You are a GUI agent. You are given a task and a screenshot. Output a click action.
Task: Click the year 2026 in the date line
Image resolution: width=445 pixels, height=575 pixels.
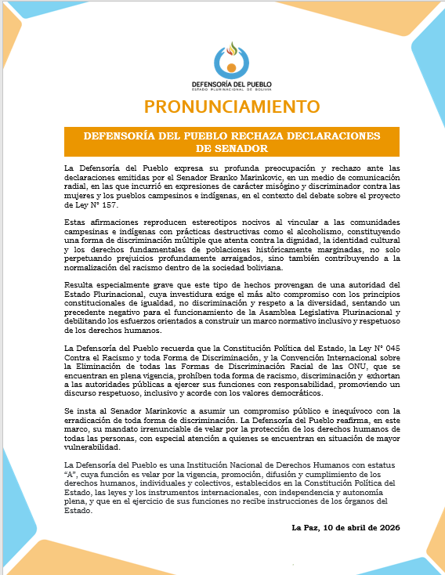(387, 527)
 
